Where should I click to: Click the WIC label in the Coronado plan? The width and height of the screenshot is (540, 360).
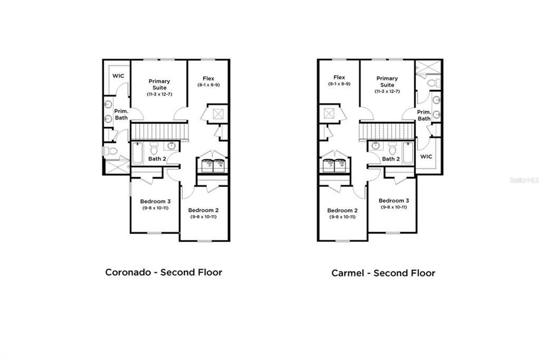[x=117, y=76]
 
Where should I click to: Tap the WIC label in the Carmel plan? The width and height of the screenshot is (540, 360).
[x=427, y=156]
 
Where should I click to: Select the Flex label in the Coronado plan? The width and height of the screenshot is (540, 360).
[x=208, y=78]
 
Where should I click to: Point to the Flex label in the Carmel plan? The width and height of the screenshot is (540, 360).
[x=339, y=77]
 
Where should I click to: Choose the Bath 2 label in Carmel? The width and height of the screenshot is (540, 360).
[x=391, y=159]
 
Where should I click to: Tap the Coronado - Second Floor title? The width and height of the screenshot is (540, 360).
[x=164, y=272]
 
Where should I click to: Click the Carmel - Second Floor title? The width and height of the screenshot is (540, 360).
[x=383, y=273]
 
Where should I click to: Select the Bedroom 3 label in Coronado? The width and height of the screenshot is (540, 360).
[x=155, y=201]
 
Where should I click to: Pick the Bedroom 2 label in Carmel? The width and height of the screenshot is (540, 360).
[x=342, y=210]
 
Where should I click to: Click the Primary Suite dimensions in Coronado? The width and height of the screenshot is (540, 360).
[x=159, y=94]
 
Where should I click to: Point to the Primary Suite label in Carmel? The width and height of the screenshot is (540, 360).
[x=387, y=81]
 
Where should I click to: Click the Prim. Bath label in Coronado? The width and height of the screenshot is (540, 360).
[x=121, y=114]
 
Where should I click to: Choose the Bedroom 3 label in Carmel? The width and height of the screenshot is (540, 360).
[x=394, y=201]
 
